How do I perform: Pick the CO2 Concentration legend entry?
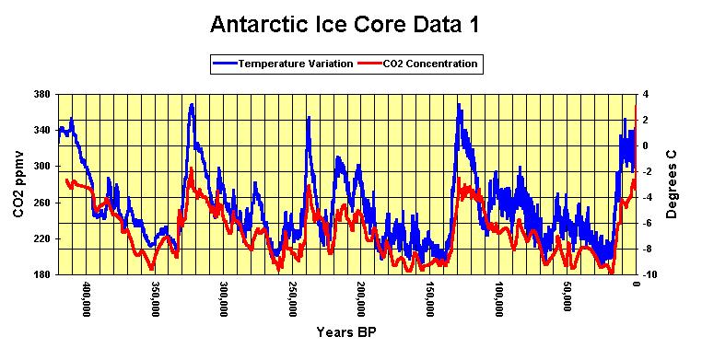pos(420,64)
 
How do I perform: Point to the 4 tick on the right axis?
pos(646,94)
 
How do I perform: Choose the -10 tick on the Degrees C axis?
pos(649,274)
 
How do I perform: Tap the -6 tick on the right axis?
pos(648,222)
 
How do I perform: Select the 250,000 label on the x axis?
pos(292,298)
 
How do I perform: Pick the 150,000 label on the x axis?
pos(430,298)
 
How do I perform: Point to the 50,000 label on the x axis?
pos(567,296)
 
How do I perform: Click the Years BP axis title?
pos(346,331)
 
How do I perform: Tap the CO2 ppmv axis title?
pos(18,184)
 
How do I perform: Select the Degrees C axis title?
pos(673,184)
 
